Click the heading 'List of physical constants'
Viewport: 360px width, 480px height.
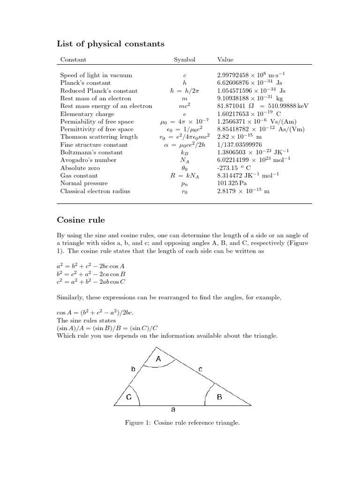[111, 44]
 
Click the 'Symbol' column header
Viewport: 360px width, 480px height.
[185, 60]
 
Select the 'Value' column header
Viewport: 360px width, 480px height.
[225, 60]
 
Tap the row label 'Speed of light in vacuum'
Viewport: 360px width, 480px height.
[96, 75]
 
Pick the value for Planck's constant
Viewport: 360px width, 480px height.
[249, 82]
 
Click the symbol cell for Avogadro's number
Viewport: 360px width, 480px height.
[185, 160]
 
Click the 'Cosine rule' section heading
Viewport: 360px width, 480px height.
[81, 219]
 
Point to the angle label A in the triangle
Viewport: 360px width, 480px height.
[158, 359]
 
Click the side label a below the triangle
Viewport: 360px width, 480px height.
[173, 410]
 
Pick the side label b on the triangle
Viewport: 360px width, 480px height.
[133, 369]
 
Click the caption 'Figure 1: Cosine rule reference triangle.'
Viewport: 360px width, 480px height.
[182, 423]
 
